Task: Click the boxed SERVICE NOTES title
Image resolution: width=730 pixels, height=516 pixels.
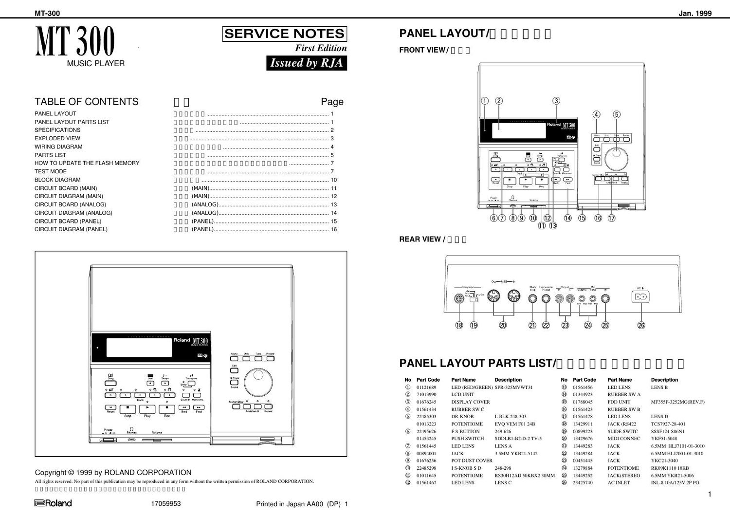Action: pyautogui.click(x=284, y=34)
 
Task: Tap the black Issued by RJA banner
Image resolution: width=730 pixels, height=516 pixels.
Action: pyautogui.click(x=307, y=63)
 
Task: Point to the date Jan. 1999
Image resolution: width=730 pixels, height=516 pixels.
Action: pyautogui.click(x=695, y=14)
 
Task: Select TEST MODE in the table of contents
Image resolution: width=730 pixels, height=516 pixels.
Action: pyautogui.click(x=51, y=171)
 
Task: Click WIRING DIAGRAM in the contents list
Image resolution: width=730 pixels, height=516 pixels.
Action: pyautogui.click(x=58, y=147)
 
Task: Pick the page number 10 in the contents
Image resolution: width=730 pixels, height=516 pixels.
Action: pyautogui.click(x=333, y=180)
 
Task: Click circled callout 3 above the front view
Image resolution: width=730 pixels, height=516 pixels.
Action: pyautogui.click(x=556, y=101)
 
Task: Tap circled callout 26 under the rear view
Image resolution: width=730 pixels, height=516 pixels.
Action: pyautogui.click(x=641, y=325)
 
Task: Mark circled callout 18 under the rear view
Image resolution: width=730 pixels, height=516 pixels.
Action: pyautogui.click(x=459, y=325)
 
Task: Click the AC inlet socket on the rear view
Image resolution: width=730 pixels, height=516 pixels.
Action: pyautogui.click(x=640, y=296)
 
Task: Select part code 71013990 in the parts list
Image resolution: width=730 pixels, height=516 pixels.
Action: pyautogui.click(x=426, y=394)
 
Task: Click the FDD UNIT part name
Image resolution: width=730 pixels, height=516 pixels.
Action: pyautogui.click(x=619, y=402)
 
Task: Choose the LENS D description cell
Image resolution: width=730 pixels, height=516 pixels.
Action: pyautogui.click(x=659, y=417)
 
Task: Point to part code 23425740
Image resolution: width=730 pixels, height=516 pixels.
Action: pyautogui.click(x=583, y=483)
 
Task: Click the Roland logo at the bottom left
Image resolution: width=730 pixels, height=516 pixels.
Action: pyautogui.click(x=53, y=503)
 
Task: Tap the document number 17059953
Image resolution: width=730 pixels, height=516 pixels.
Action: pyautogui.click(x=166, y=504)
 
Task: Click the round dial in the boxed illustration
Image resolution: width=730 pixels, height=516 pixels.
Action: pyautogui.click(x=257, y=383)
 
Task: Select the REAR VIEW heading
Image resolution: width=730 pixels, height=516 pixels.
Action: pyautogui.click(x=420, y=239)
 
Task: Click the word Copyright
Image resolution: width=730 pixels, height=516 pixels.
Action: pyautogui.click(x=51, y=472)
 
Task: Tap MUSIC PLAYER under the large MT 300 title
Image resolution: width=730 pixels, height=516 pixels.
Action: pyautogui.click(x=96, y=63)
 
